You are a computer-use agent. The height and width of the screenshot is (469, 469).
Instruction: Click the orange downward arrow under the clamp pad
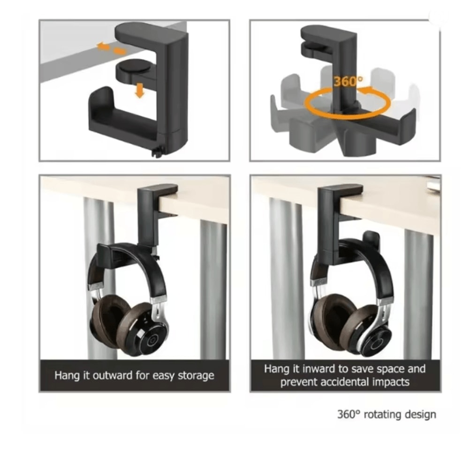coord(139,91)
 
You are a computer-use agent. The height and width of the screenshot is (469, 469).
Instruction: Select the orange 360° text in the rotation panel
coord(348,81)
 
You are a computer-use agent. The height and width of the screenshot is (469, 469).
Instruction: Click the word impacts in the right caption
coord(392,382)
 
